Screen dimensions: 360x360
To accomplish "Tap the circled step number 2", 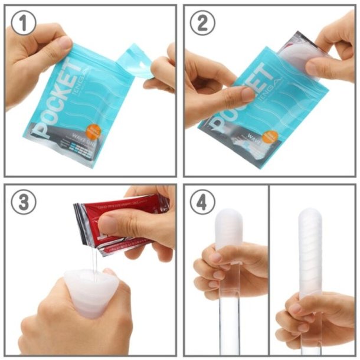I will click(x=202, y=23).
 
